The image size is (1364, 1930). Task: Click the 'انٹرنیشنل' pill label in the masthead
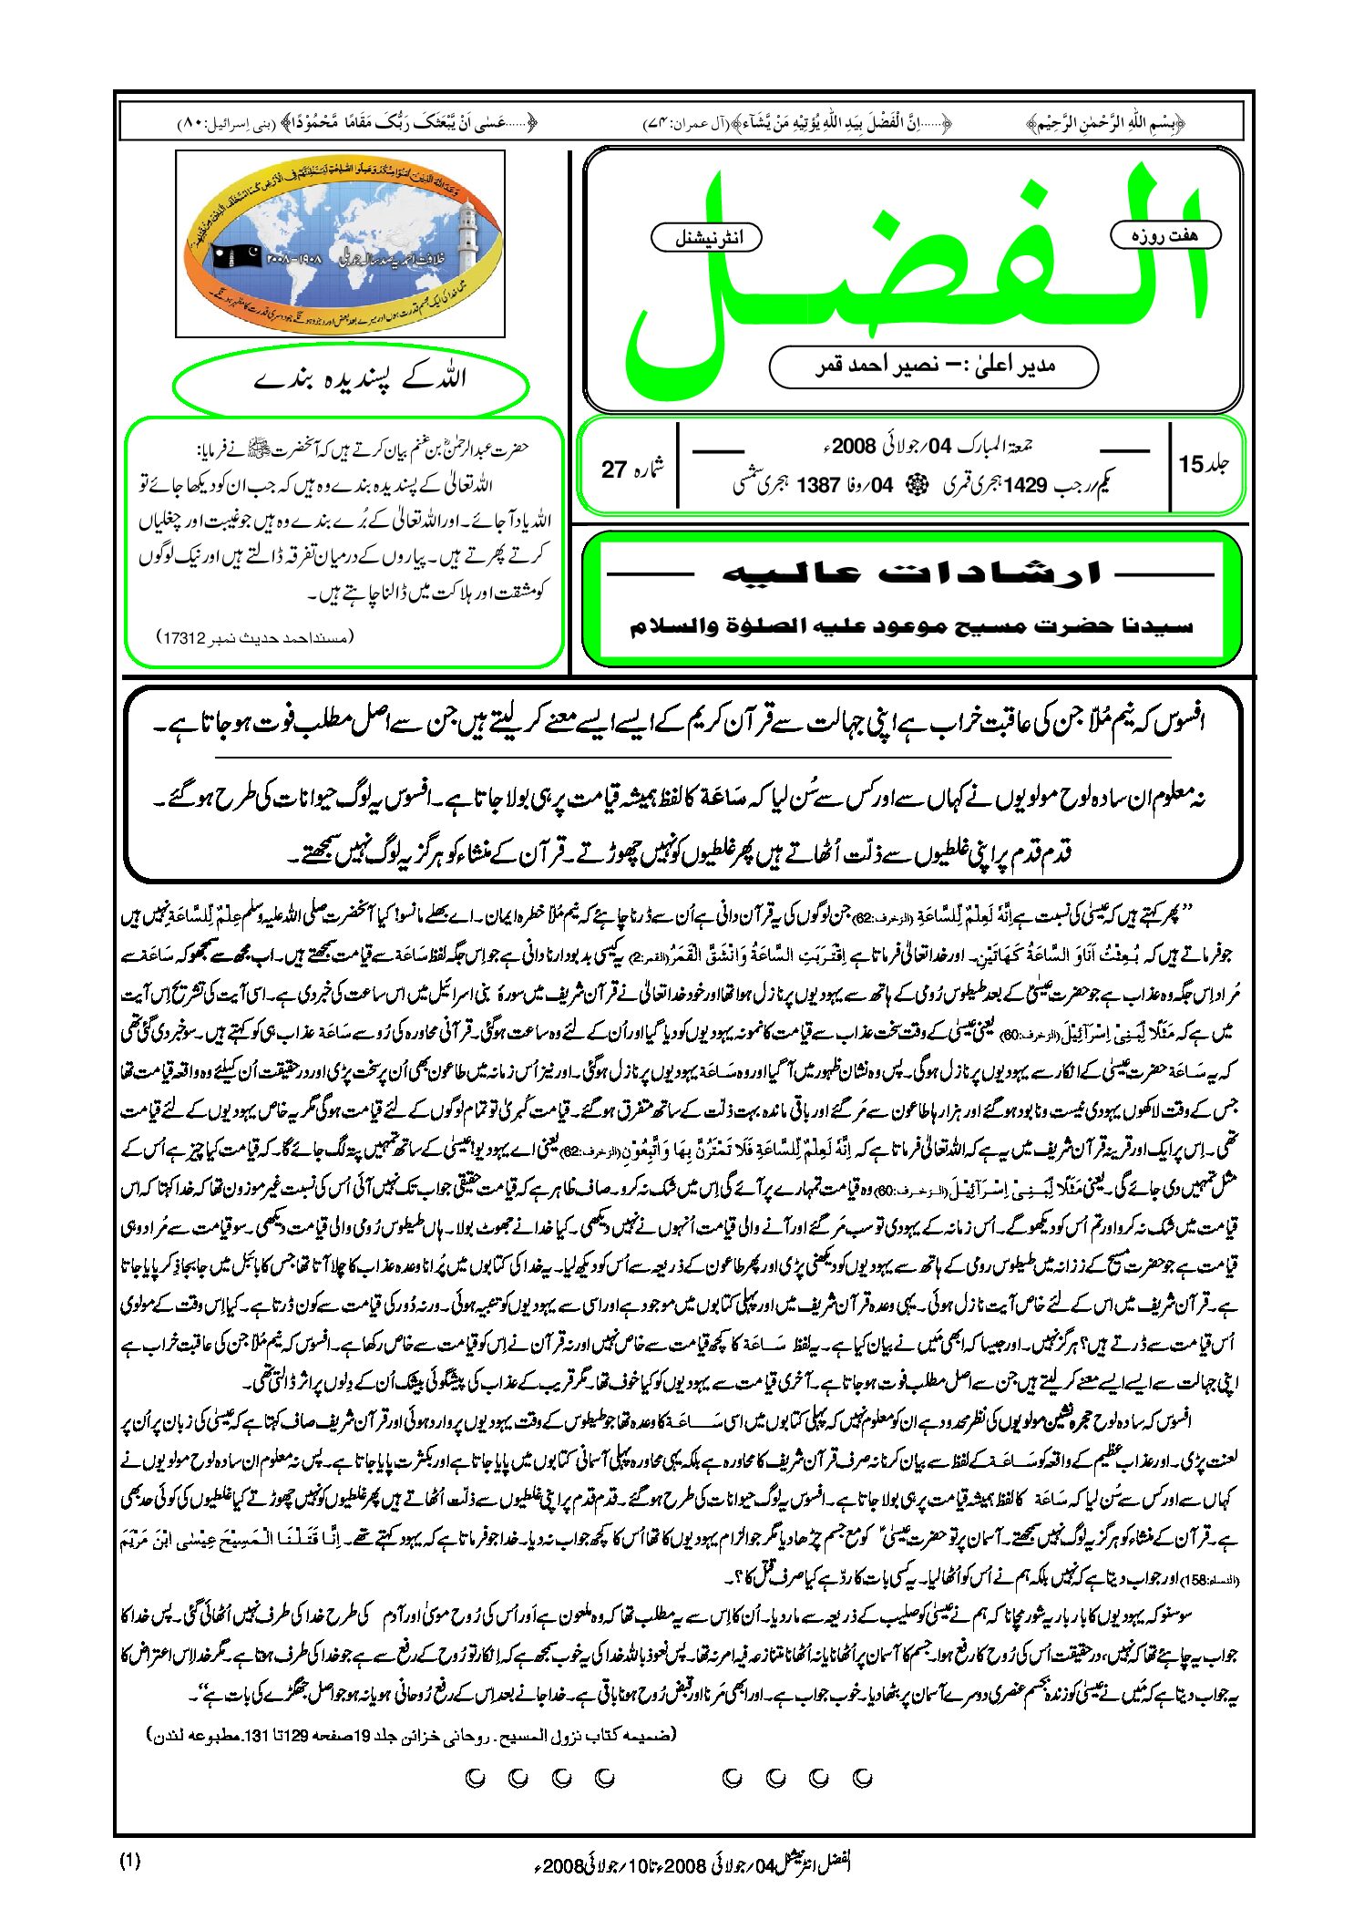tap(706, 238)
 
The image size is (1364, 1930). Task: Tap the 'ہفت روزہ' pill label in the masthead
tap(1164, 235)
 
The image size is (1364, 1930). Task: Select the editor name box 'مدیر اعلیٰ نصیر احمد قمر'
tap(933, 366)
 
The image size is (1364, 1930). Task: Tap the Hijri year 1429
tap(1025, 485)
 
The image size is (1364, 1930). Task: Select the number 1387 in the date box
tap(817, 485)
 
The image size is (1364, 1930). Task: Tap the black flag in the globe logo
tap(235, 257)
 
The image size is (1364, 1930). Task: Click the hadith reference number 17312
tap(183, 637)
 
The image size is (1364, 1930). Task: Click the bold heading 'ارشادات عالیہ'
tap(911, 573)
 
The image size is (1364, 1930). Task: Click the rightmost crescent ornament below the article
tap(862, 1778)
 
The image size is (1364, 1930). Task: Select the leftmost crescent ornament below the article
tap(475, 1778)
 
